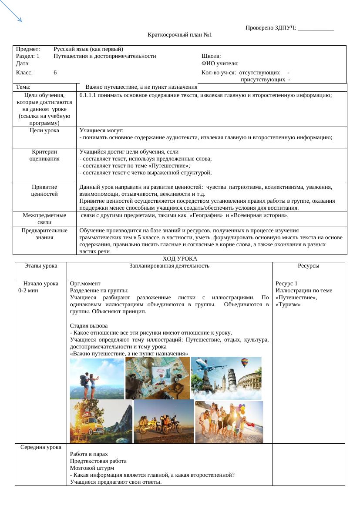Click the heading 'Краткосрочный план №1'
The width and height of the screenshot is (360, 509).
click(x=180, y=35)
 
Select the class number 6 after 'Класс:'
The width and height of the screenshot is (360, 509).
click(x=55, y=73)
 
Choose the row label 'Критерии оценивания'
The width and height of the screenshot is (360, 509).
click(x=44, y=155)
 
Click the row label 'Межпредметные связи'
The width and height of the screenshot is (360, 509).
click(x=44, y=219)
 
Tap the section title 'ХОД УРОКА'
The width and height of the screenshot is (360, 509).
click(x=180, y=259)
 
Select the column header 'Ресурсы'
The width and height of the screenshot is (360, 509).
click(x=308, y=266)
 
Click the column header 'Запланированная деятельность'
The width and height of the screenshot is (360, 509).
click(x=169, y=266)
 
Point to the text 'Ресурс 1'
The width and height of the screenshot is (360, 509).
click(x=286, y=284)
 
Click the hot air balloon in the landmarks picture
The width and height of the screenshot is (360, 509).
click(x=245, y=362)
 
